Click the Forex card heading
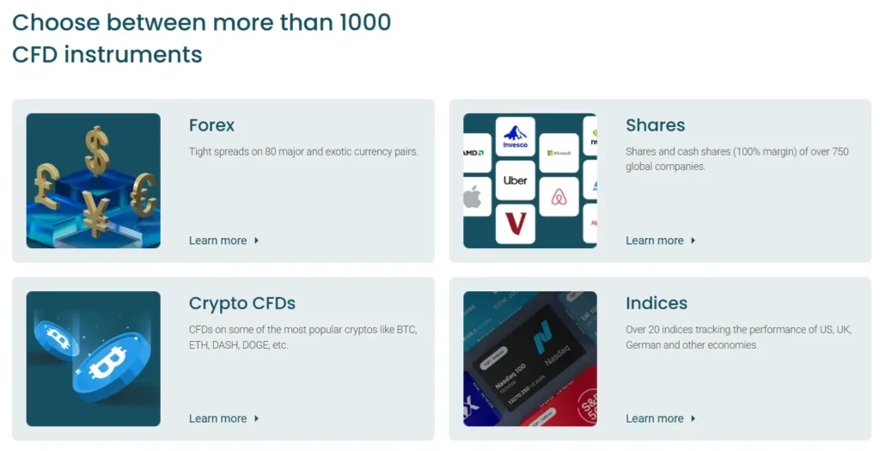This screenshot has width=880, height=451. pyautogui.click(x=211, y=125)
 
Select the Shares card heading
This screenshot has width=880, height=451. pyautogui.click(x=655, y=125)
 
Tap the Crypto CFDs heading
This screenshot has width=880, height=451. pyautogui.click(x=241, y=303)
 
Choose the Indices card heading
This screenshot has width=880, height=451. pyautogui.click(x=657, y=303)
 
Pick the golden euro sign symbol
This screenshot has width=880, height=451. pyautogui.click(x=143, y=193)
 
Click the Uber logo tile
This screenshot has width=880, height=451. pyautogui.click(x=515, y=180)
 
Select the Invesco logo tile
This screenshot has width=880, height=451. pyautogui.click(x=515, y=137)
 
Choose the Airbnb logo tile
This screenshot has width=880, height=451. pyautogui.click(x=559, y=197)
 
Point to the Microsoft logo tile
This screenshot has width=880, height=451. pyautogui.click(x=559, y=153)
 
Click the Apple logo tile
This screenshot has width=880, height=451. pyautogui.click(x=474, y=197)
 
